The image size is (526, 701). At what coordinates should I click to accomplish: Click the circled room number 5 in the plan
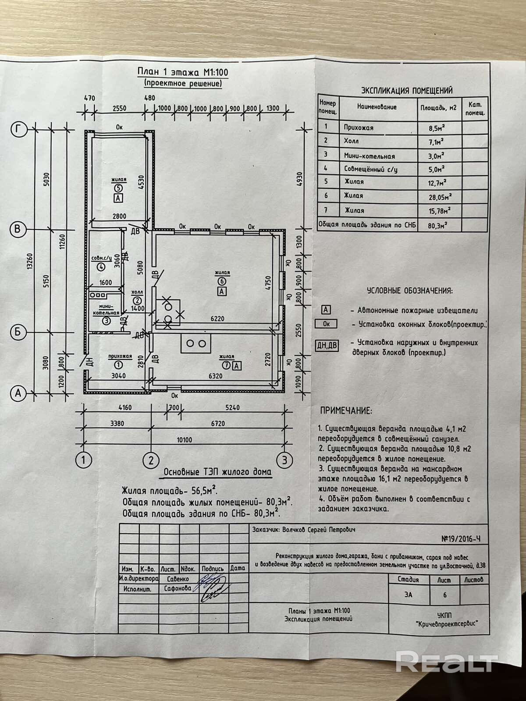pyautogui.click(x=118, y=188)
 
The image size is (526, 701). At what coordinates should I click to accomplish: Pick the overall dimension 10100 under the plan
pyautogui.click(x=184, y=440)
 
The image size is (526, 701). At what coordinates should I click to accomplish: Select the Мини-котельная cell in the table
pyautogui.click(x=369, y=156)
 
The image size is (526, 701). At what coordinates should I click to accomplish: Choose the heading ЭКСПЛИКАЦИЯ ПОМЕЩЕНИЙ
pyautogui.click(x=407, y=91)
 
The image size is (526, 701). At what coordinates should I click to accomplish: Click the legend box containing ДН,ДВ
pyautogui.click(x=327, y=345)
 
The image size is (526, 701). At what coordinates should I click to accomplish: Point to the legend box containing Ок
pyautogui.click(x=326, y=324)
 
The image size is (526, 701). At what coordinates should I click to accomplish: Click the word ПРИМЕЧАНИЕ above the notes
pyautogui.click(x=346, y=411)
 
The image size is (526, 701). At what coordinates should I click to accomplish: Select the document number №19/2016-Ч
pyautogui.click(x=461, y=539)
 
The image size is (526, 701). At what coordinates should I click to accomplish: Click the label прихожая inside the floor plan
pyautogui.click(x=120, y=356)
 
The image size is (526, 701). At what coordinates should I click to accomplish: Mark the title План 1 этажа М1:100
pyautogui.click(x=183, y=72)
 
